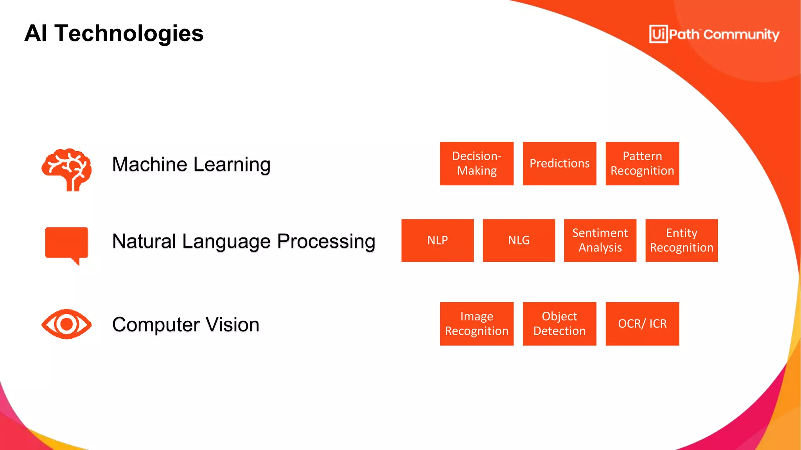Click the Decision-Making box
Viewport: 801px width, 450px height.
(476, 163)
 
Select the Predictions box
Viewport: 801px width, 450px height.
(559, 163)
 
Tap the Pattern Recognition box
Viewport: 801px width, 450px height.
(642, 163)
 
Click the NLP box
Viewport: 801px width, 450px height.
(437, 240)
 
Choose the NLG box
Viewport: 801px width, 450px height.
(519, 240)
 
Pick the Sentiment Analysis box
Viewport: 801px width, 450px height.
(600, 240)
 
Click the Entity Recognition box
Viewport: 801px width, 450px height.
(681, 240)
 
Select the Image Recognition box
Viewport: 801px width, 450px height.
(476, 323)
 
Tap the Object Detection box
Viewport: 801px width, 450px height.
(559, 323)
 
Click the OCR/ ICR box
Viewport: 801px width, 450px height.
(642, 323)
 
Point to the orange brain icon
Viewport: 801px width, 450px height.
(67, 169)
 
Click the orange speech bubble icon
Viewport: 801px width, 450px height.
(67, 243)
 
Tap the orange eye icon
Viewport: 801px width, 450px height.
(66, 324)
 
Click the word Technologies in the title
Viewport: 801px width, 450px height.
(129, 34)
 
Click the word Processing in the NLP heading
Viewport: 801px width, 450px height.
(326, 241)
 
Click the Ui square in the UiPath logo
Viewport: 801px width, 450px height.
(658, 34)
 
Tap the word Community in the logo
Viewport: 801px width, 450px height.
(741, 35)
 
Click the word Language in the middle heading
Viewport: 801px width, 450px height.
(226, 241)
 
